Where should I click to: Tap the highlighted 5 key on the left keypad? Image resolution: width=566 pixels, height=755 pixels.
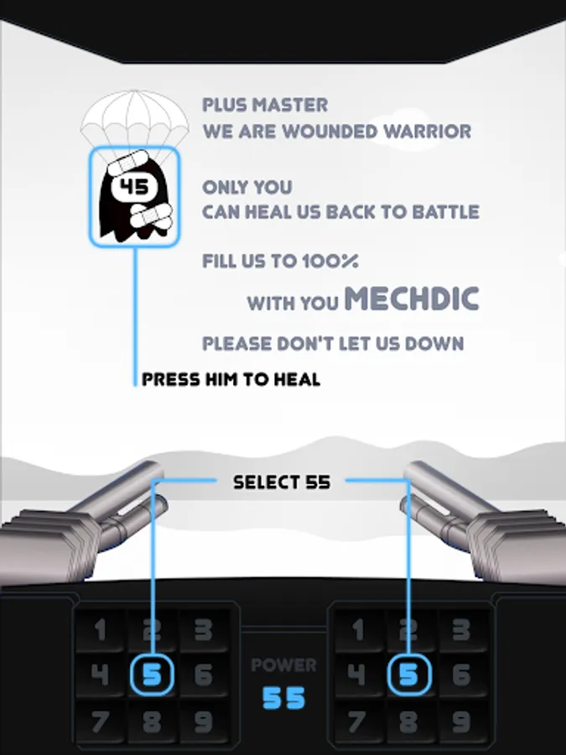(152, 674)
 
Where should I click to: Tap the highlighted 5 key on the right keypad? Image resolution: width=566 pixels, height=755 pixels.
(408, 674)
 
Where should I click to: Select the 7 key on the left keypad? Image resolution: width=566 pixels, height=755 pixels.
(100, 721)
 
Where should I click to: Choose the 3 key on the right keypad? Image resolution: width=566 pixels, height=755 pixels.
(461, 629)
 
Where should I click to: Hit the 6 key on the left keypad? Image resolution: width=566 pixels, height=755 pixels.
(204, 674)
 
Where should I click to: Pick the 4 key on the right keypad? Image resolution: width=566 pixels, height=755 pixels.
(357, 674)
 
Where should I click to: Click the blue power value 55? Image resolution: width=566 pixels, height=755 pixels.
(284, 698)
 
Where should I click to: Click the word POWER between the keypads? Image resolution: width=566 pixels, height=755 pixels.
(284, 665)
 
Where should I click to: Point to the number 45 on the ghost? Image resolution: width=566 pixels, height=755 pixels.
(134, 187)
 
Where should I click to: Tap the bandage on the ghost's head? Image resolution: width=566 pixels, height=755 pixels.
(127, 163)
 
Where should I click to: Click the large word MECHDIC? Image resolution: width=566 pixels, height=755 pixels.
(412, 299)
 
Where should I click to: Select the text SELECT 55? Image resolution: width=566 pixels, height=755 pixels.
(282, 482)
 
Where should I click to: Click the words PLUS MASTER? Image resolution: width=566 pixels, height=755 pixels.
(265, 105)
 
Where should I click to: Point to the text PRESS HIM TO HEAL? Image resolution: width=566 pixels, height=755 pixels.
(231, 379)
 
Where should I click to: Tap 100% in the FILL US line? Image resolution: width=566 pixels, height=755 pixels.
(330, 262)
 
